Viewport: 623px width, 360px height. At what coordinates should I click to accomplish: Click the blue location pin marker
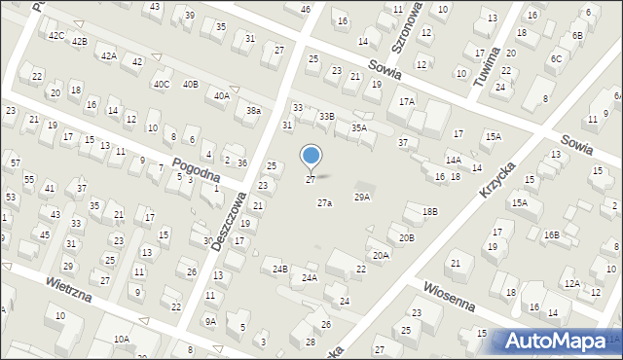click(311, 156)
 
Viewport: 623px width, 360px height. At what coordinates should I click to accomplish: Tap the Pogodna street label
click(194, 166)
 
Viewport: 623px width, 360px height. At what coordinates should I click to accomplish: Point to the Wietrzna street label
click(68, 287)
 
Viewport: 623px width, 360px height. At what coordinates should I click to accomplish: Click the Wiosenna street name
click(449, 297)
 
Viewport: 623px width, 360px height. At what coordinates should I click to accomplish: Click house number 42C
click(55, 36)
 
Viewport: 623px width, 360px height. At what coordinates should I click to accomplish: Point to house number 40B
click(190, 85)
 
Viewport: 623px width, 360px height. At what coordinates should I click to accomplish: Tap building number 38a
click(253, 111)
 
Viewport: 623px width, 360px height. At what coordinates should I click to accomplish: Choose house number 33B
click(327, 117)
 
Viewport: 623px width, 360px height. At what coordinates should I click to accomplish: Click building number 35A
click(359, 127)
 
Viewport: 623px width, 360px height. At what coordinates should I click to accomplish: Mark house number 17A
click(407, 101)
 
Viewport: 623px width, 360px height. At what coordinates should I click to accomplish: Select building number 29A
click(361, 198)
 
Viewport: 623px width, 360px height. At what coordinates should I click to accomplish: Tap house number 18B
click(430, 211)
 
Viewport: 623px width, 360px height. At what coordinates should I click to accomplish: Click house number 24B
click(280, 269)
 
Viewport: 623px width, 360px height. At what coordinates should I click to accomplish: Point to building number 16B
click(552, 234)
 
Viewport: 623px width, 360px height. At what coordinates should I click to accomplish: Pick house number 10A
click(121, 339)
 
